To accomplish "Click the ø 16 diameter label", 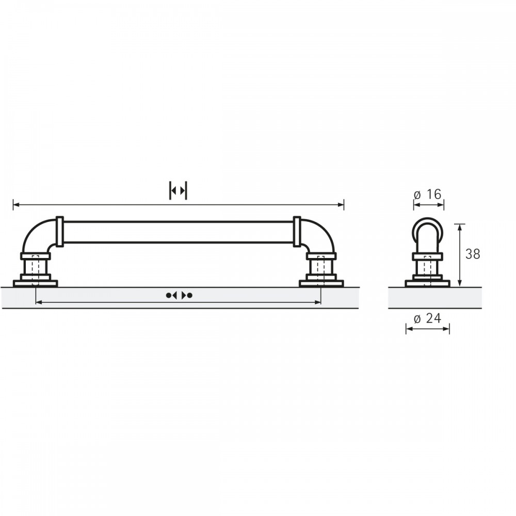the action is point(427,195).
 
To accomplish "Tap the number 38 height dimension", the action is point(473,254).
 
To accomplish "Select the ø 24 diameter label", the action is point(427,318).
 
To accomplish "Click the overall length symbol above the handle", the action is point(178,190).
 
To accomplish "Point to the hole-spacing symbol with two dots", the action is point(179,295).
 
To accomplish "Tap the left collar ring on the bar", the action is point(59,232).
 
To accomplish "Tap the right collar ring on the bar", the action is point(297,232).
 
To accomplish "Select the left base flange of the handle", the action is point(36,283).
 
